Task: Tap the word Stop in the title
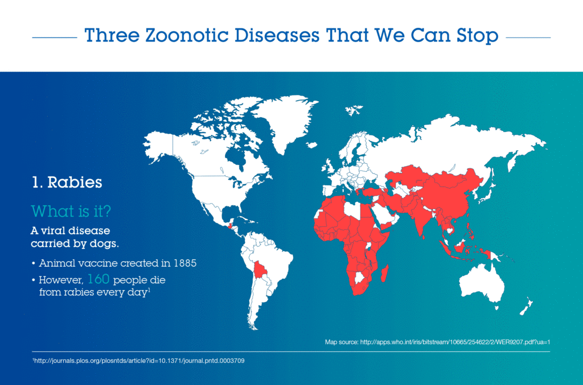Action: click(478, 36)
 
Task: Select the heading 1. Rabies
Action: click(67, 183)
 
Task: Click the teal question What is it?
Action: click(71, 211)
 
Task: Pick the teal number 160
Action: click(98, 279)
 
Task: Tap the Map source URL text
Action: click(437, 342)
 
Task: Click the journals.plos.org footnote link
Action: click(138, 361)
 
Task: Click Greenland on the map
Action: click(286, 119)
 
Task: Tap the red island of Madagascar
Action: click(385, 273)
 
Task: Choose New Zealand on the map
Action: click(527, 307)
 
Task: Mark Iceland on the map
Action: click(313, 145)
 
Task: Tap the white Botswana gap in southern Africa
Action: click(359, 278)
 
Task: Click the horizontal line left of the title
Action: click(54, 38)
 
